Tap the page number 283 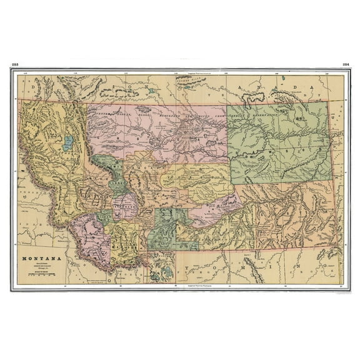click(14, 64)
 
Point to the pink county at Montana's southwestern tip click(87, 237)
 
